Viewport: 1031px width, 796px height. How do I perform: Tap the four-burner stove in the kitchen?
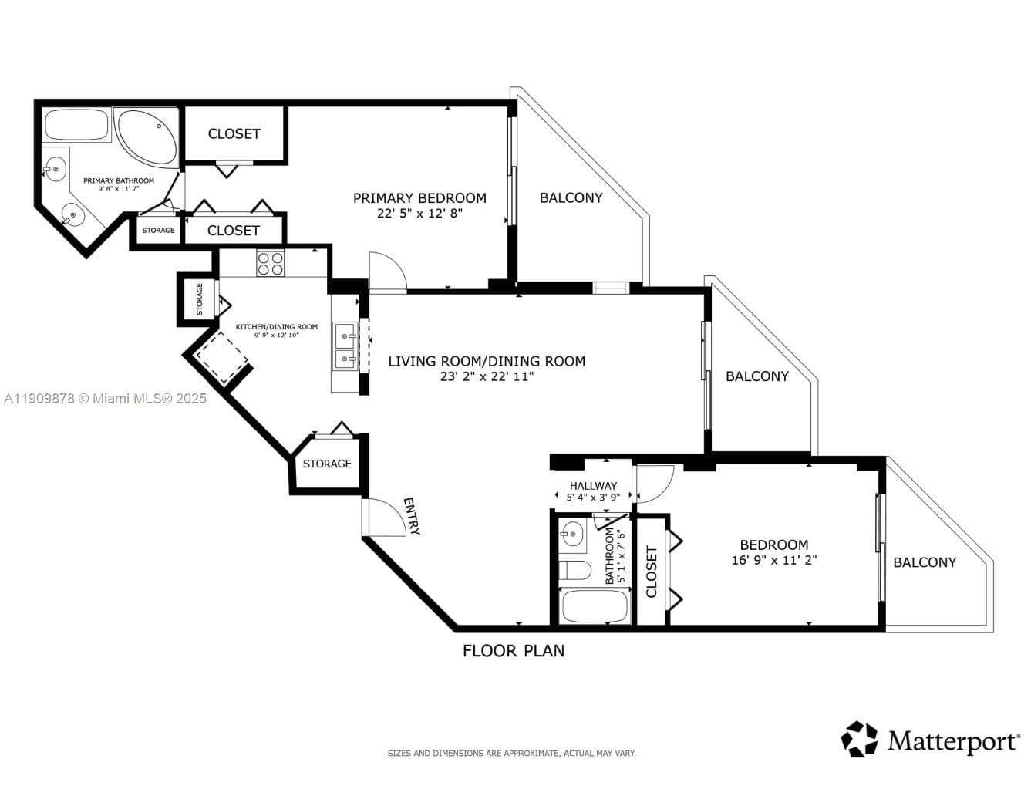point(271,264)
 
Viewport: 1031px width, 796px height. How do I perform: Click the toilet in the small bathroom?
point(574,571)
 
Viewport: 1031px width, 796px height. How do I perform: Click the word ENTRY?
point(412,516)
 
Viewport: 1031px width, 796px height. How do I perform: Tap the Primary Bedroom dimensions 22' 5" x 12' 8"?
point(419,214)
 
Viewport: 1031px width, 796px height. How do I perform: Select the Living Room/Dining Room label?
point(486,361)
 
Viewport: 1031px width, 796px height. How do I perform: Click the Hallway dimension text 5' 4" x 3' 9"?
point(593,497)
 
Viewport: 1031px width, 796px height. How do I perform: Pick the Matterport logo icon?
point(859,739)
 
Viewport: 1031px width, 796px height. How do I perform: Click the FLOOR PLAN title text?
point(513,651)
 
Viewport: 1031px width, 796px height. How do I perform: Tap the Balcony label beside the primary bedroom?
point(571,197)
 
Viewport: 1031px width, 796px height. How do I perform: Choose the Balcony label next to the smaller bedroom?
point(924,562)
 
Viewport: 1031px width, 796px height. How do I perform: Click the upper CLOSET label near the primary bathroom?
point(234,133)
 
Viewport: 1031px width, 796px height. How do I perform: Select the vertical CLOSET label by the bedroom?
point(652,572)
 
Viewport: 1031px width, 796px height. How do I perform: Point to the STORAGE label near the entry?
point(327,464)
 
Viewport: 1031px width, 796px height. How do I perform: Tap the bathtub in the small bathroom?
point(595,606)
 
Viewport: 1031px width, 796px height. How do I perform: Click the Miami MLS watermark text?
point(105,399)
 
